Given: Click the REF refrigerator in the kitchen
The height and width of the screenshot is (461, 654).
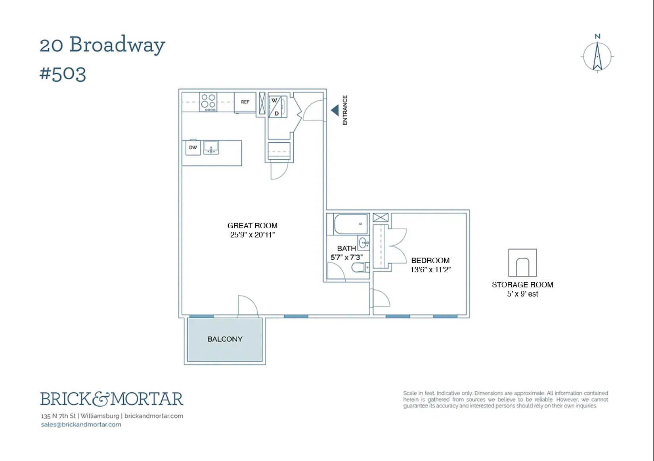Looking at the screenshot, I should [x=245, y=102].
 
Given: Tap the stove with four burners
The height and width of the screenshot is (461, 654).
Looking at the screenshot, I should [x=208, y=102].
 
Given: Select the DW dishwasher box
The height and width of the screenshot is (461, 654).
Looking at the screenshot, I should [x=193, y=148].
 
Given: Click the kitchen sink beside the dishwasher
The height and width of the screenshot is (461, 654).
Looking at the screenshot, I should [x=211, y=147].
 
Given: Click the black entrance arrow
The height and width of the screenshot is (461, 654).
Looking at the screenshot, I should [x=335, y=110].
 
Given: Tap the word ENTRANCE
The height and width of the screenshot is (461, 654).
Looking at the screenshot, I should [x=345, y=110].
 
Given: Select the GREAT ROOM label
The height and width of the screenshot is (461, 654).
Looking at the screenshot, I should [x=252, y=226].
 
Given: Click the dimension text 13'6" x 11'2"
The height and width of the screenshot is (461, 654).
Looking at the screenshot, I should [x=430, y=270].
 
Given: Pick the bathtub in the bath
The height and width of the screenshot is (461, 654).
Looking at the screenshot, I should [x=351, y=224].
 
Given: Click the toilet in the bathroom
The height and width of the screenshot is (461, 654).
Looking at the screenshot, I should [x=360, y=268].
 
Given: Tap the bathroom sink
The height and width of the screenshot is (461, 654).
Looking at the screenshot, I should [x=363, y=243].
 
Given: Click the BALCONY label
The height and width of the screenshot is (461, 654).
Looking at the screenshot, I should [x=225, y=339].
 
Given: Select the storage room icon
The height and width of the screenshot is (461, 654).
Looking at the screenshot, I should [x=522, y=263].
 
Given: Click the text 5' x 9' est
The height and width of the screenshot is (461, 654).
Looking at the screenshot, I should [x=522, y=294].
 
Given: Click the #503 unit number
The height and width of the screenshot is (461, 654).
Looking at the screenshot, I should [x=63, y=74].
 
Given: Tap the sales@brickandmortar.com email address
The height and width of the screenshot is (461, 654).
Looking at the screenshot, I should [x=81, y=425].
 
